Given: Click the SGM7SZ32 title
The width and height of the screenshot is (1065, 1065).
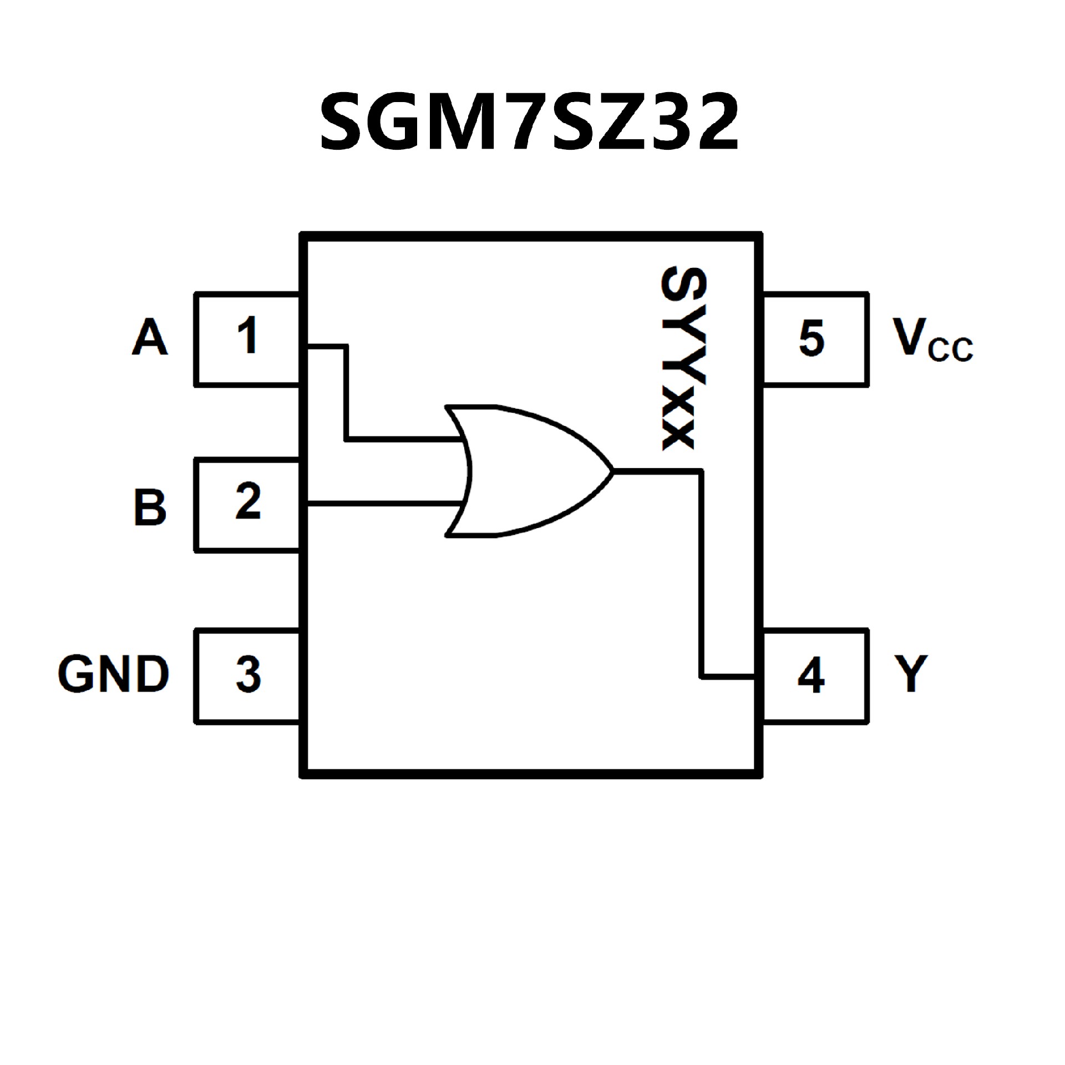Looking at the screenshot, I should tap(530, 122).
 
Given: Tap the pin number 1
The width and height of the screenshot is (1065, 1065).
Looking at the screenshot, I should tap(247, 335).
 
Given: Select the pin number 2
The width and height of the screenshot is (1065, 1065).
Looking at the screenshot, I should tap(247, 501).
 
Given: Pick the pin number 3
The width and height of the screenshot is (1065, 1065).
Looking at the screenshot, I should tap(248, 674).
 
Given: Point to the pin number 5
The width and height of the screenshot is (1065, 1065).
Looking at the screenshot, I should tap(811, 337).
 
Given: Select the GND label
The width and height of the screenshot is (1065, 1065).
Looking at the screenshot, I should tap(113, 674).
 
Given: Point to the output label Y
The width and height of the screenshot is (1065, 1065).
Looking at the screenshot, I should tap(910, 673).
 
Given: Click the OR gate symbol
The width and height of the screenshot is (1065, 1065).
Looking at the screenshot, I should tap(527, 471).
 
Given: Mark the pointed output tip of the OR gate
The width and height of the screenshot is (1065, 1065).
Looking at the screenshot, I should tap(612, 471).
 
